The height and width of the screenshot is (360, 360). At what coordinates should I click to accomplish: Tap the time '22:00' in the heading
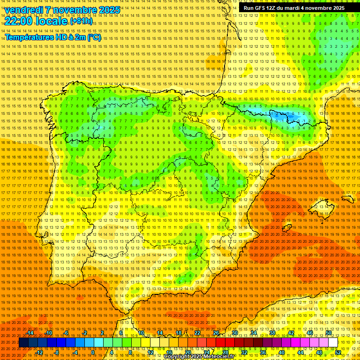pyautogui.click(x=18, y=21)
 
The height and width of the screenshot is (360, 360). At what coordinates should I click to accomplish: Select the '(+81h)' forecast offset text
pyautogui.click(x=81, y=21)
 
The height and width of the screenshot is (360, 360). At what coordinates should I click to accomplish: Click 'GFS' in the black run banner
pyautogui.click(x=259, y=8)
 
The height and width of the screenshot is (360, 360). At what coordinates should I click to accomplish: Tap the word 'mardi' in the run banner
pyautogui.click(x=291, y=8)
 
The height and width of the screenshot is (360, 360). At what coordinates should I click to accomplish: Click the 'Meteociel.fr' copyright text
pyautogui.click(x=218, y=357)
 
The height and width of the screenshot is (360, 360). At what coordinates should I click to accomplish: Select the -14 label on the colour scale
pyautogui.click(x=30, y=333)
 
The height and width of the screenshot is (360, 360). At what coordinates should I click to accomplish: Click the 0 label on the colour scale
pyautogui.click(x=93, y=352)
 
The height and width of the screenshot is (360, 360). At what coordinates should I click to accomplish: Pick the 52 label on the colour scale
pyautogui.click(x=338, y=352)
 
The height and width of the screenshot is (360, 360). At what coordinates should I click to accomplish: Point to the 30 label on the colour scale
pyautogui.click(x=234, y=333)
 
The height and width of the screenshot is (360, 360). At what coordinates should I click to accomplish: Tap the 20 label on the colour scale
pyautogui.click(x=188, y=352)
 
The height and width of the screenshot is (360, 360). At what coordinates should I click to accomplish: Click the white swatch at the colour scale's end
pyautogui.click(x=333, y=343)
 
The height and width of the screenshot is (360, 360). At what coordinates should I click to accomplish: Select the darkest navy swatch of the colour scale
pyautogui.click(x=23, y=343)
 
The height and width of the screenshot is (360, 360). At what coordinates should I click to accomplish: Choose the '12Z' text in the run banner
pyautogui.click(x=271, y=8)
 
